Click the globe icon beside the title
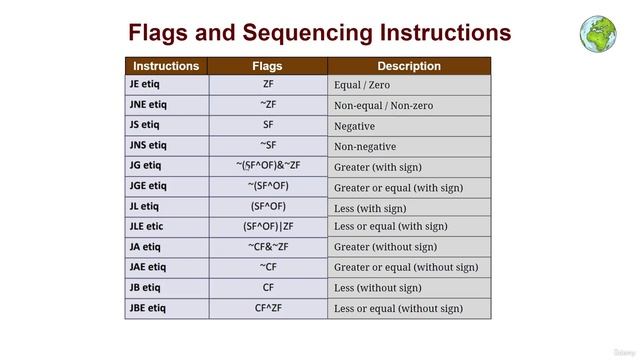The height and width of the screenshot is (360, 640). (598, 32)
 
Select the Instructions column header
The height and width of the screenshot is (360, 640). (166, 66)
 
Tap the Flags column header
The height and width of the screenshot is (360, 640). (267, 66)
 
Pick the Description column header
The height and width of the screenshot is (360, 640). (409, 66)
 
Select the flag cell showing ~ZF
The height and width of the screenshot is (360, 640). (267, 105)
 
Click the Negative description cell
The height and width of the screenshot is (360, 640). (355, 126)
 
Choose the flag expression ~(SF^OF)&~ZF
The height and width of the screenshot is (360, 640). (267, 165)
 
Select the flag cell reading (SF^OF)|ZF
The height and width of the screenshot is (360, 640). (267, 226)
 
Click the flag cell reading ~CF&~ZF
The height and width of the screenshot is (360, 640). (267, 247)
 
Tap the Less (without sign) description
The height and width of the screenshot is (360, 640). (378, 288)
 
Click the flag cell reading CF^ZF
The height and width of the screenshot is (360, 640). (267, 308)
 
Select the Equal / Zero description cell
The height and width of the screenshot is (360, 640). (364, 86)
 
